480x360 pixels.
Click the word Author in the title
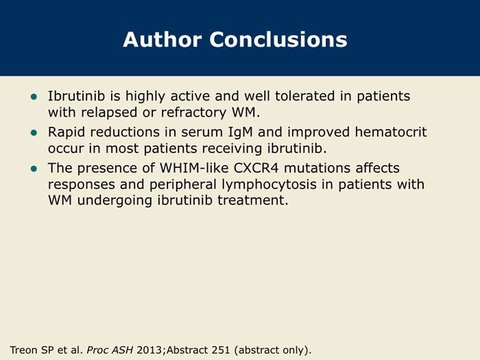coord(163,40)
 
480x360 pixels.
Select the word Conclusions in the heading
coord(278,40)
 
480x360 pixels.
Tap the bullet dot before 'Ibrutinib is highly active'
coord(34,97)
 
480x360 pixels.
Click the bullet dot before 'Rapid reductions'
coord(34,133)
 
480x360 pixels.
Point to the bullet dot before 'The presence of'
coord(34,169)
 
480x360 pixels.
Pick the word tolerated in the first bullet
coord(304,96)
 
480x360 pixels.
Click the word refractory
coord(193,112)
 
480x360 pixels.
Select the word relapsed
coord(109,112)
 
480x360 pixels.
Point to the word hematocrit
coord(391,132)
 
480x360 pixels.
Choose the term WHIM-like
coord(194,168)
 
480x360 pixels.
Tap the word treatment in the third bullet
coord(253,200)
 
